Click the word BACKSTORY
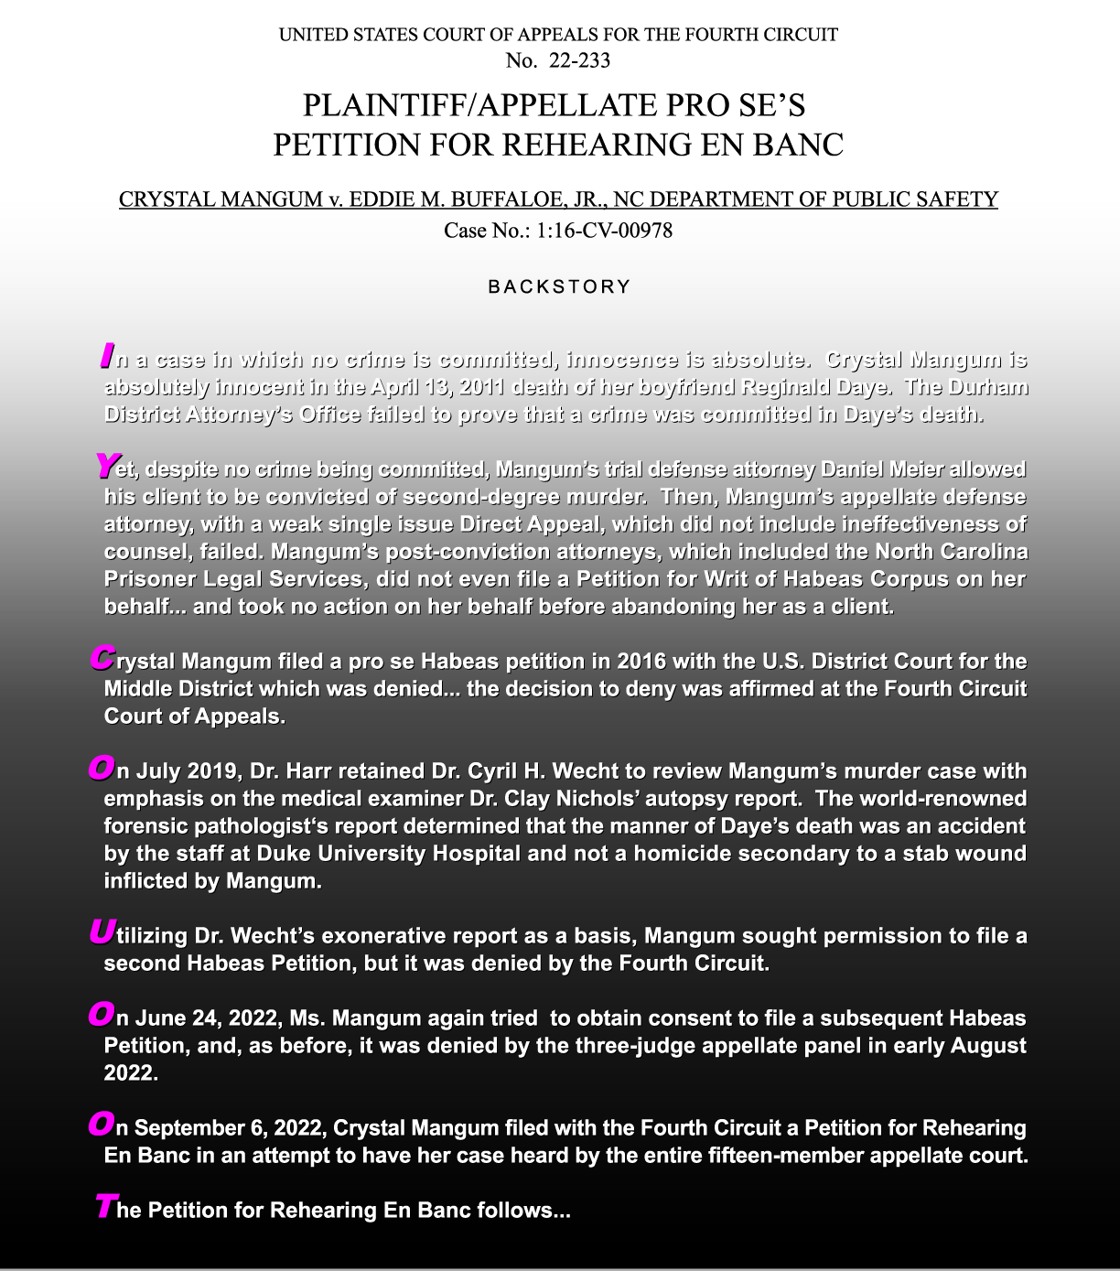(559, 286)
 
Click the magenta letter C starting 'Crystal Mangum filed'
(102, 658)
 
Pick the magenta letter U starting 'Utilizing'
(102, 932)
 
